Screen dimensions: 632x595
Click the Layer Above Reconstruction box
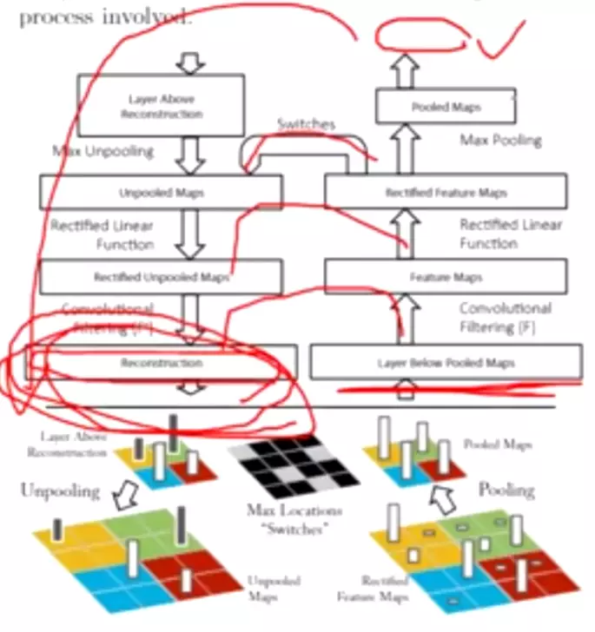pos(161,106)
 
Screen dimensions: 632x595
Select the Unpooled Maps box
pos(161,192)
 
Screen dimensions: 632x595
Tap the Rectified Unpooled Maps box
pos(161,276)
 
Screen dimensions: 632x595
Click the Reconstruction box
pos(161,362)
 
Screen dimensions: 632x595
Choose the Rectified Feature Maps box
pos(446,191)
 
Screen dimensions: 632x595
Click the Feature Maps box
pos(446,276)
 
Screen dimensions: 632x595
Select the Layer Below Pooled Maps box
pos(446,362)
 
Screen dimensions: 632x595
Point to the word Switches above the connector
pos(306,124)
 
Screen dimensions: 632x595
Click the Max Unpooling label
pos(102,152)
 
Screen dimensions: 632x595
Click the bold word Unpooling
pos(59,491)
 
